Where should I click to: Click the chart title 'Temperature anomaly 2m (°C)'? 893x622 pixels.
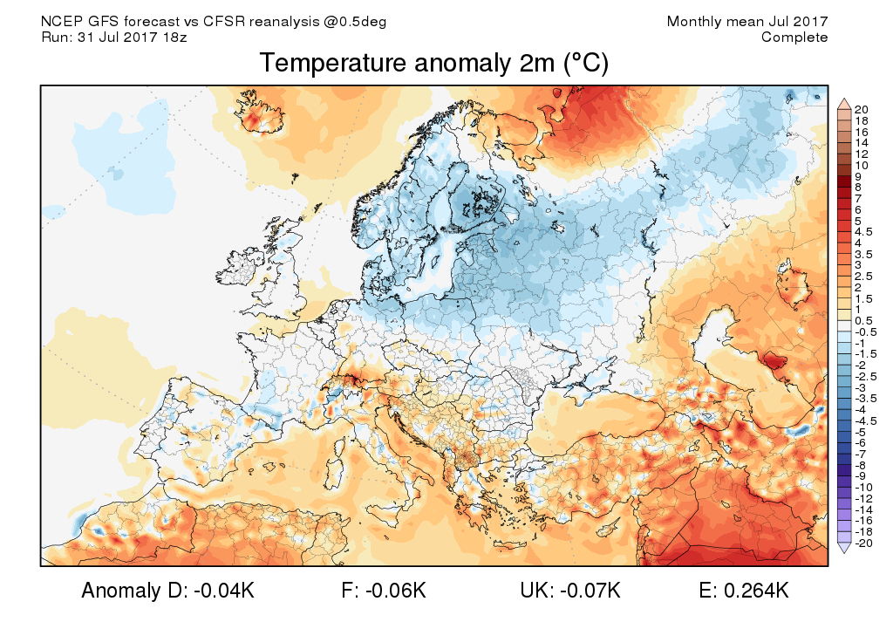tap(433, 64)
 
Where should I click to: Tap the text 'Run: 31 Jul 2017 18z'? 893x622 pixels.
tap(114, 37)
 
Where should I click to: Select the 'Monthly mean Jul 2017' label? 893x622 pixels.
tap(747, 21)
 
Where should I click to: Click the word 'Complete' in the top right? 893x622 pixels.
tap(794, 37)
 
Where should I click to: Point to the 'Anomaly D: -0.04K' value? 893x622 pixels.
tap(167, 591)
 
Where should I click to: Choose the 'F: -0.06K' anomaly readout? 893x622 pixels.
tap(384, 591)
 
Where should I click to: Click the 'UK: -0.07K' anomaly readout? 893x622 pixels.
tap(570, 591)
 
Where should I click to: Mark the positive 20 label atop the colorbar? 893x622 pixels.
tap(862, 108)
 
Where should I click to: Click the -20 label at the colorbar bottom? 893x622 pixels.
tap(864, 543)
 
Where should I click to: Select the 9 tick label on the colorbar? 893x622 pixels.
tap(859, 176)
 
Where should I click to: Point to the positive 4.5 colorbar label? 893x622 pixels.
tap(864, 232)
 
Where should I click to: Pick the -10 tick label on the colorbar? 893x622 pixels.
tap(864, 487)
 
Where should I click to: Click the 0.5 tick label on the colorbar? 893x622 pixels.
tap(864, 321)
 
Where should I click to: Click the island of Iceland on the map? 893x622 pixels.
tap(259, 113)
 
